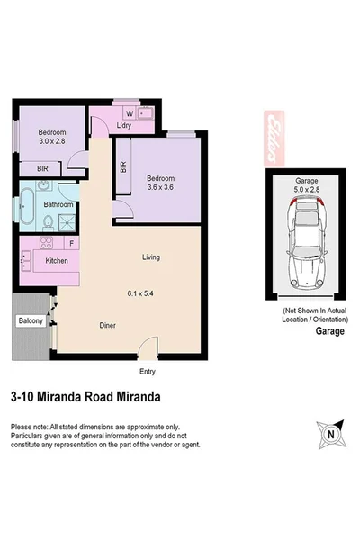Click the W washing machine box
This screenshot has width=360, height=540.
coord(130,113)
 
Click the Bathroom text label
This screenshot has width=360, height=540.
coord(58,204)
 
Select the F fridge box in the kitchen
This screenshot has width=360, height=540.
coord(71,244)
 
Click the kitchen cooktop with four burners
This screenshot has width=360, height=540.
coord(44,244)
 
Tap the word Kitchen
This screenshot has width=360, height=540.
coord(58,262)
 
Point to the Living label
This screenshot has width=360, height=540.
coord(151,257)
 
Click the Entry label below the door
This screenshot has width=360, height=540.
coord(148,371)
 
